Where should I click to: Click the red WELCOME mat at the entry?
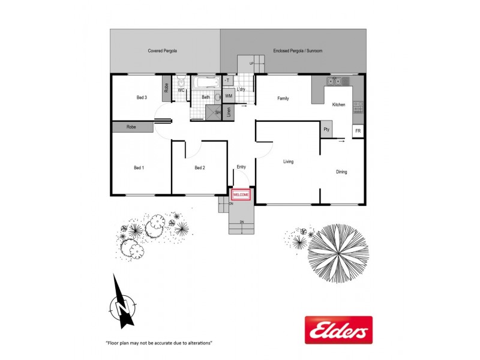241,195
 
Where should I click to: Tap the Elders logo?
338,330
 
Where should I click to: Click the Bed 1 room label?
139,168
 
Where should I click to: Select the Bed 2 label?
200,168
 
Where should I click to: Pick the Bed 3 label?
142,97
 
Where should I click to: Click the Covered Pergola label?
162,51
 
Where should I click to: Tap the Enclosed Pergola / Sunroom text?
298,51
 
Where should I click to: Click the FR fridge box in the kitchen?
358,131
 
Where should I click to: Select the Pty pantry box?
326,129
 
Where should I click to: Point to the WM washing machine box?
229,95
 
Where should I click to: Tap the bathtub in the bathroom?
206,83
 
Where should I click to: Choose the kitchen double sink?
334,81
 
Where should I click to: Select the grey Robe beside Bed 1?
132,127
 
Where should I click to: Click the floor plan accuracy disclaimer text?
159,343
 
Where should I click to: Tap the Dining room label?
341,172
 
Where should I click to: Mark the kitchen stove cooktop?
358,107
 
